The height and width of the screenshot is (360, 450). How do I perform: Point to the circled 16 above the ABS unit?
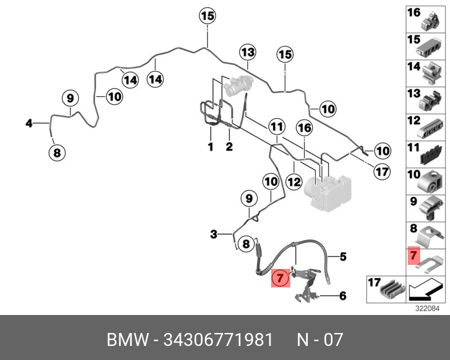coord(304,129)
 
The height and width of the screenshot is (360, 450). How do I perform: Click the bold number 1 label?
coord(210,147)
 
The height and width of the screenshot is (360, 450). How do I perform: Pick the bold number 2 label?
coord(229,147)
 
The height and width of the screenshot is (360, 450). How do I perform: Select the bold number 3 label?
coord(214,234)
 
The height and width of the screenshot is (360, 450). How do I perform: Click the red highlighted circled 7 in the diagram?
coord(281,277)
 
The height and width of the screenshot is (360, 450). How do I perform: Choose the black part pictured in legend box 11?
coord(432,152)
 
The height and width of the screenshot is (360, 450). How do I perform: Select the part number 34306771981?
coord(218,340)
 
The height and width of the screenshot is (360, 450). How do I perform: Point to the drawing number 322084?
coord(426,308)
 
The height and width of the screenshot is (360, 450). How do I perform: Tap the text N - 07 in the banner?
coord(319,340)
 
